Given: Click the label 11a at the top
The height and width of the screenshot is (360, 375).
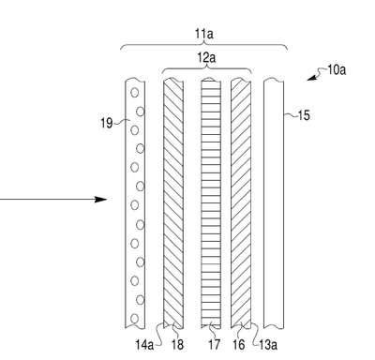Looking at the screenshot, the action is (204, 34).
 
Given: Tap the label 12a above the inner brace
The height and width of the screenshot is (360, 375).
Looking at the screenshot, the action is (206, 57).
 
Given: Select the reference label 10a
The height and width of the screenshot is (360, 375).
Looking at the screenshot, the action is (337, 69).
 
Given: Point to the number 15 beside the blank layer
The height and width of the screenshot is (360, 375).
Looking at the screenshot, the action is (303, 115).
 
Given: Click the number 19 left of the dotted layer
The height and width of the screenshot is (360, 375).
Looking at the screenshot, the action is (106, 123).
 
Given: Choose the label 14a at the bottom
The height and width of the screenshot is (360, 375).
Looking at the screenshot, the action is (144, 345).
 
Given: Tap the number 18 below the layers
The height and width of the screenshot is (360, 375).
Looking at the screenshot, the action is (177, 345).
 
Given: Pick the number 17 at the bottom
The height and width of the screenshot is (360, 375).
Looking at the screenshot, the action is (214, 345).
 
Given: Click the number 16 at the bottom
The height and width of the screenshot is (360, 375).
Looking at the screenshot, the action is (238, 345).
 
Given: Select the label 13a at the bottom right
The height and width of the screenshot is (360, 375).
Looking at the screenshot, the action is (268, 345).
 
